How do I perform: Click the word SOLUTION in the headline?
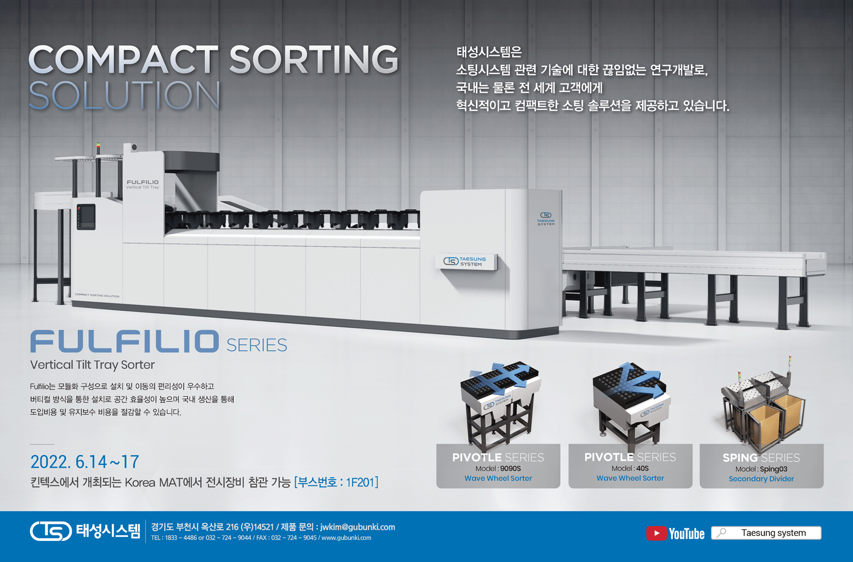tap(125, 95)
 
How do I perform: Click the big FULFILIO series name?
tap(125, 342)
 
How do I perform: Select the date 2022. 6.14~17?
tap(85, 462)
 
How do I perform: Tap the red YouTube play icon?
tap(656, 533)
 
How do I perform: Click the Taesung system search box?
tap(766, 533)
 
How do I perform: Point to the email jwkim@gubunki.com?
tap(358, 527)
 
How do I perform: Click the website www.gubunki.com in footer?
tap(346, 538)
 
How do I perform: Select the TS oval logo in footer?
tap(51, 531)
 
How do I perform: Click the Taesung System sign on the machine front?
tap(466, 261)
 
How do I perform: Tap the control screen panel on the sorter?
tap(86, 217)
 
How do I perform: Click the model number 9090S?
tap(510, 468)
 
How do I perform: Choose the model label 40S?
tap(642, 468)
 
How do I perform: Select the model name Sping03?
tap(773, 469)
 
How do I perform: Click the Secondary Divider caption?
tap(761, 478)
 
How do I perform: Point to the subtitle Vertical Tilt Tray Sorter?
tap(93, 364)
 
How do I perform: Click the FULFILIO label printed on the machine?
tap(143, 182)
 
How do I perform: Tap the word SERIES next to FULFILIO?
tap(256, 345)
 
